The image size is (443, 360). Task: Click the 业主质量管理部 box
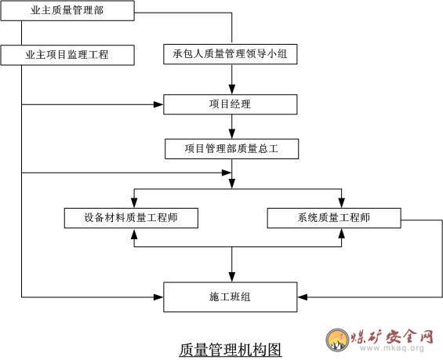click(67, 11)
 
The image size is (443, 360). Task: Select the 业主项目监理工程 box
click(67, 55)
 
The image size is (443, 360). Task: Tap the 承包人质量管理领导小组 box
click(231, 54)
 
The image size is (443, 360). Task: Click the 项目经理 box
click(231, 104)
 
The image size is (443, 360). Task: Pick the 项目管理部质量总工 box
click(231, 149)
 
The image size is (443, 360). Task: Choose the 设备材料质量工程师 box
click(131, 218)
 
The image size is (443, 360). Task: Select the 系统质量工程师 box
click(334, 218)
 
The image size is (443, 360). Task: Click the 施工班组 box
click(231, 297)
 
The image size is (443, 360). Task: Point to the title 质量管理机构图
click(231, 350)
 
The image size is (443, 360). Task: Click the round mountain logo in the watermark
click(337, 340)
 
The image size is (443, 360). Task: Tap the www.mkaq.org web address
click(392, 348)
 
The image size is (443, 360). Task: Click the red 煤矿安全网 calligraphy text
click(392, 336)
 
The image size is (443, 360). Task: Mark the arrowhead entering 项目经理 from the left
click(158, 104)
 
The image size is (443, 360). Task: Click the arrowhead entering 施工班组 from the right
click(303, 297)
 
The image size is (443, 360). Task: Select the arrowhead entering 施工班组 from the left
click(158, 297)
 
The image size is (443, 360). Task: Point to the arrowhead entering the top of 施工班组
click(232, 277)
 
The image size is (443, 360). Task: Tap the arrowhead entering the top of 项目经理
click(232, 89)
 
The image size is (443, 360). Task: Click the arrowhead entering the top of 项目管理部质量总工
click(232, 133)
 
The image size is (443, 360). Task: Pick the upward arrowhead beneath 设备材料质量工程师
click(134, 233)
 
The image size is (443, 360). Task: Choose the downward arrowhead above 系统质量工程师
click(342, 203)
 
